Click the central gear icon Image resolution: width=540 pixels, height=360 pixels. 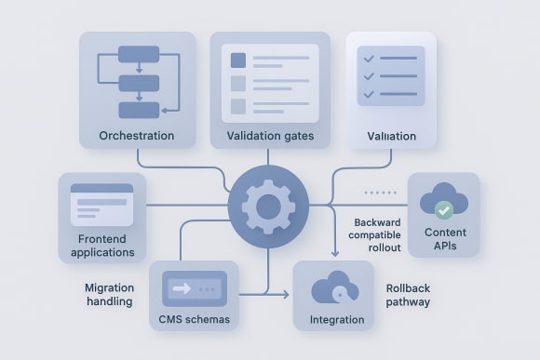[x=268, y=206]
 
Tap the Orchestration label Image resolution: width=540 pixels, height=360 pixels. [x=137, y=137]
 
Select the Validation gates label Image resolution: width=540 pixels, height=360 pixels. [x=270, y=137]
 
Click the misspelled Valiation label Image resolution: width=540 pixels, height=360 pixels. [x=391, y=137]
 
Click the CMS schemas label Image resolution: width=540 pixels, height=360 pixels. [x=194, y=319]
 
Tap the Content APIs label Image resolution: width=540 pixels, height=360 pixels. [x=444, y=238]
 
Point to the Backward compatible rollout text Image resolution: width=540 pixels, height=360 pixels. [x=376, y=235]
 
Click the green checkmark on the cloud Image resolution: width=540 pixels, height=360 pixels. [x=443, y=209]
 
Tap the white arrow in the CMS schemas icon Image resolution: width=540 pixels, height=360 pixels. [x=182, y=288]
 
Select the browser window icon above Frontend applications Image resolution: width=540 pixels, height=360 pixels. [x=101, y=205]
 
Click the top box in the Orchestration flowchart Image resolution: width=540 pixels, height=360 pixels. [x=139, y=54]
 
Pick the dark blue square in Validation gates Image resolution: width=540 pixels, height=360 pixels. [x=237, y=60]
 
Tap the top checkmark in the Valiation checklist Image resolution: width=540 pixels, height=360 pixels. [x=368, y=58]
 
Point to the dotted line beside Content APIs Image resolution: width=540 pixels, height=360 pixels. [x=379, y=193]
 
